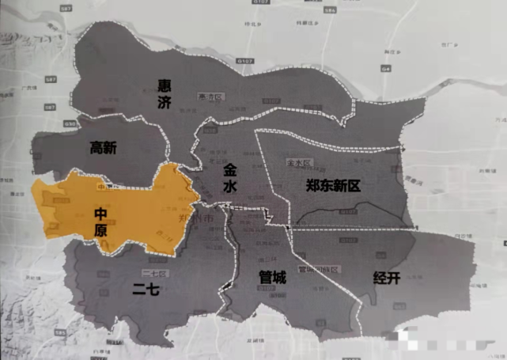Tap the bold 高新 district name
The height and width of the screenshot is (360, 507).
[104, 147]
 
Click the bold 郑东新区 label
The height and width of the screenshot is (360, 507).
[333, 186]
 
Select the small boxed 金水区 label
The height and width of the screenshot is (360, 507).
[297, 162]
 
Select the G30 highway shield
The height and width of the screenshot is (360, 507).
[71, 123]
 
